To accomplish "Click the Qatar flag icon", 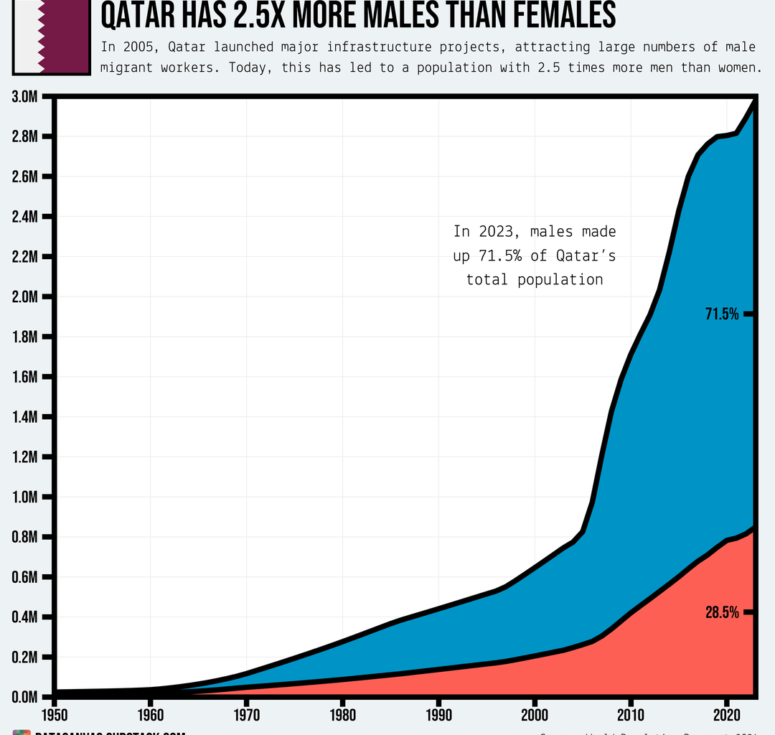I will (51, 35).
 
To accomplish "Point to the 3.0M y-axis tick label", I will (25, 97).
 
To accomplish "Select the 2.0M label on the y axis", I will (25, 297).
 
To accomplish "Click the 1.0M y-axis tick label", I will (25, 497).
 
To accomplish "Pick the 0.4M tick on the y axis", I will (25, 617).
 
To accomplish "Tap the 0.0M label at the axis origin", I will (25, 697).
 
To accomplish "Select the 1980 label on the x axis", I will (342, 717).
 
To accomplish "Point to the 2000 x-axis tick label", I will (535, 717).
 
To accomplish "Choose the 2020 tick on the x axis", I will (727, 717).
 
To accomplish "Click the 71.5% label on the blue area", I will (722, 314).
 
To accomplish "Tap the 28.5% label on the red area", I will (722, 612).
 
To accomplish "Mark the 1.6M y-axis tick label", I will (25, 377).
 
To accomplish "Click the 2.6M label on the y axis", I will (25, 177).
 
